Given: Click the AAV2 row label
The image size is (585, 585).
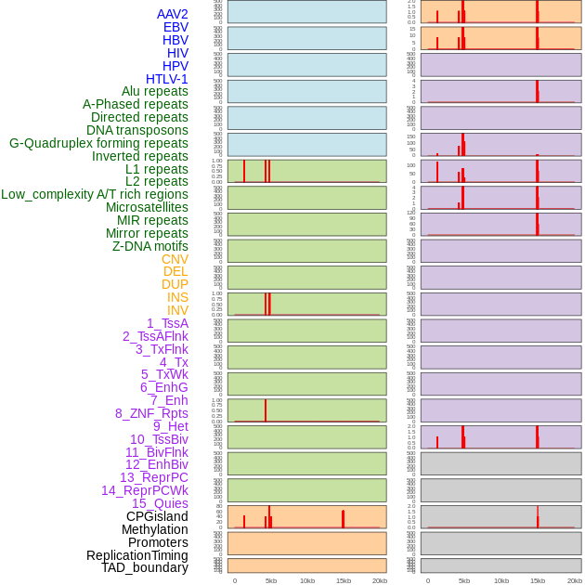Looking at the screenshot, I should (173, 14).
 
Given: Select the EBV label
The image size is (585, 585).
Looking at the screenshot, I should (175, 27).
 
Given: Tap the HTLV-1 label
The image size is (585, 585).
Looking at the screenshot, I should (167, 79).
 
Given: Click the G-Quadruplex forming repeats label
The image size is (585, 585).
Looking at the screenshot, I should (98, 143).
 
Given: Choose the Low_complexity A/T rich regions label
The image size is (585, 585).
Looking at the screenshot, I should (95, 194).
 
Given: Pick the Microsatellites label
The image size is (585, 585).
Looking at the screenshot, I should (147, 207).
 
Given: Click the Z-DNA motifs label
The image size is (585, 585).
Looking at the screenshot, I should (150, 246).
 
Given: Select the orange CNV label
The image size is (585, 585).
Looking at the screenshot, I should (175, 259).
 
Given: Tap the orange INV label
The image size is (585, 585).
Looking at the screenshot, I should (177, 310).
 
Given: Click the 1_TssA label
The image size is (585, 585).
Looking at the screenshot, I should (167, 323).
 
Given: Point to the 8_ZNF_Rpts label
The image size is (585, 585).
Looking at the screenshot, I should (151, 413).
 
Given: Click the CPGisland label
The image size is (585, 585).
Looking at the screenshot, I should (157, 516).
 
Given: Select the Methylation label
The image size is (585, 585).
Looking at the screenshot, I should (154, 529).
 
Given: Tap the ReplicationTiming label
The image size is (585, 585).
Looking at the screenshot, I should (137, 555).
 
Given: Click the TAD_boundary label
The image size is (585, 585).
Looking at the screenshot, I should (145, 567).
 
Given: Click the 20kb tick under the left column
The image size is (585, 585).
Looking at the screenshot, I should (380, 580).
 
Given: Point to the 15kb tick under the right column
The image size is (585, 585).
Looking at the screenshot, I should (538, 580).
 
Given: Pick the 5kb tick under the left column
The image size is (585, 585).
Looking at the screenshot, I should (271, 580).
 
